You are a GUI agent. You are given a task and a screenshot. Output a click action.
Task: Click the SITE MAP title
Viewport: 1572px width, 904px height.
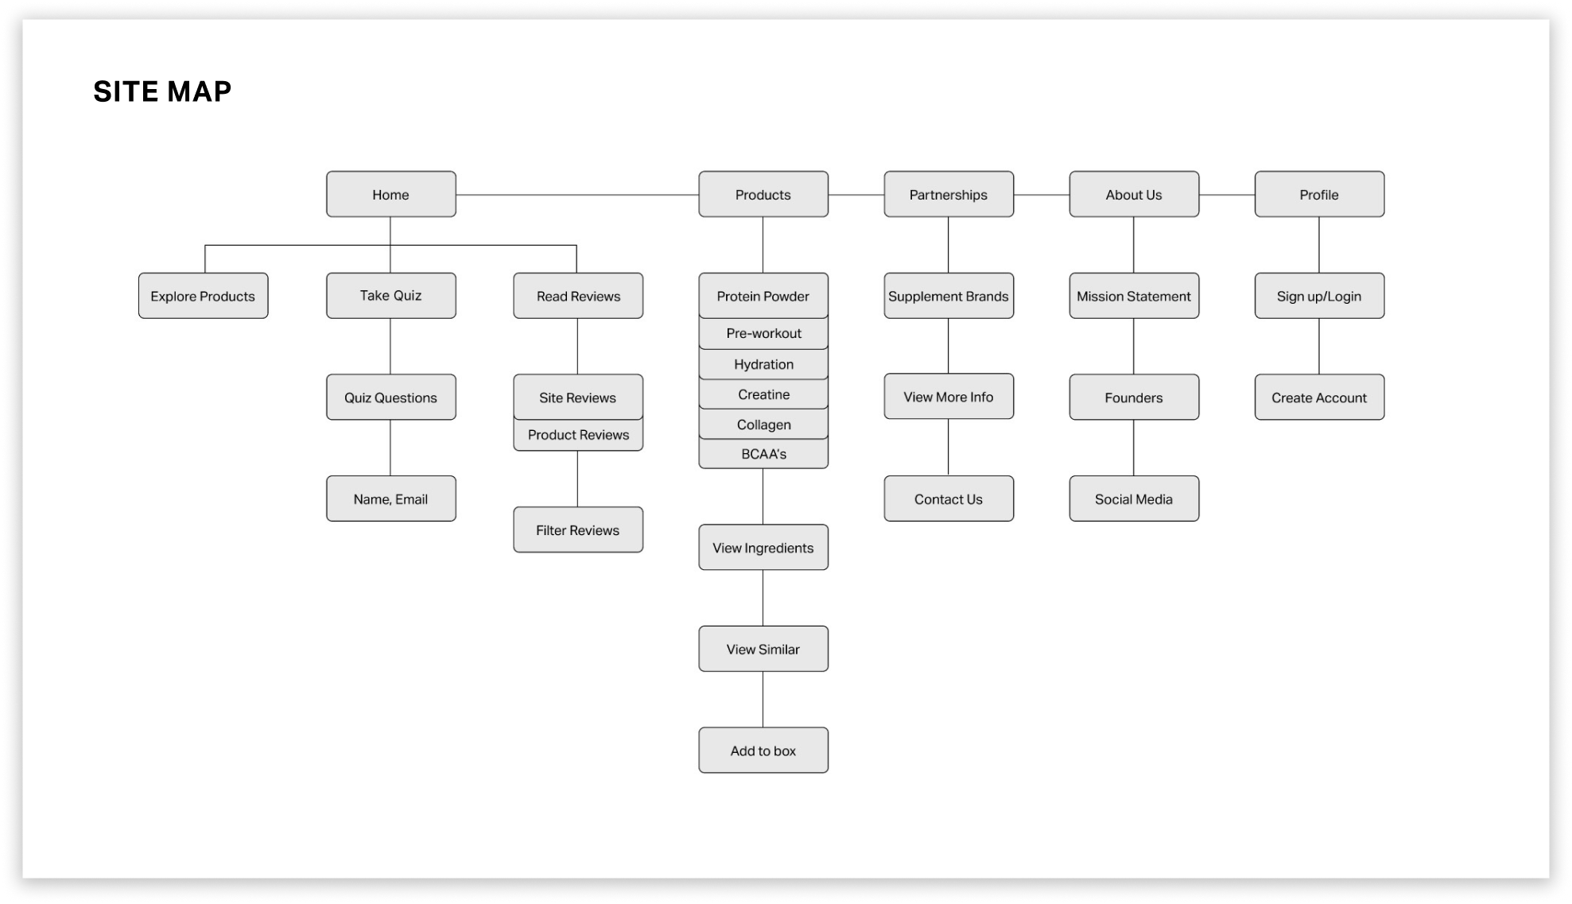click(162, 91)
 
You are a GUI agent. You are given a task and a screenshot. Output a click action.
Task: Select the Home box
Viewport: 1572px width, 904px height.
click(390, 194)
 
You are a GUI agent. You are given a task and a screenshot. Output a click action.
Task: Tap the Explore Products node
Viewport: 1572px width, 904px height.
click(203, 296)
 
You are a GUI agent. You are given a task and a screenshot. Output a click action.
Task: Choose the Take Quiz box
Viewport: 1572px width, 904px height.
click(390, 296)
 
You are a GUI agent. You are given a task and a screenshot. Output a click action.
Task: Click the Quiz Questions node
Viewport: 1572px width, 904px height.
click(390, 398)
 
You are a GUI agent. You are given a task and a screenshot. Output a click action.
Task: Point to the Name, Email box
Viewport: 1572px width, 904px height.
click(390, 499)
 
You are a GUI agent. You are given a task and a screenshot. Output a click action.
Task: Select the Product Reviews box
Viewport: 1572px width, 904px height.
click(578, 435)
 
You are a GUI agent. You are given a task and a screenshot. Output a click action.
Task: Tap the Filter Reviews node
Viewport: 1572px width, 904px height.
click(578, 530)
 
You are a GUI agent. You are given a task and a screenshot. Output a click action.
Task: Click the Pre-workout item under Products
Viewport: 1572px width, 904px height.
click(763, 333)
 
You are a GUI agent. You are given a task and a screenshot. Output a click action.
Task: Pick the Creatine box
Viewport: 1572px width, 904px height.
click(763, 394)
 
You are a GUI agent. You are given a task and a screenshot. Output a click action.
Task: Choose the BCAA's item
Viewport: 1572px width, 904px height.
click(763, 454)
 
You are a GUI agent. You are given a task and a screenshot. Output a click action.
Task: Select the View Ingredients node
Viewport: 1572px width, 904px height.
click(763, 547)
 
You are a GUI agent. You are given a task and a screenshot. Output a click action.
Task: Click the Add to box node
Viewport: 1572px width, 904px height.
click(763, 750)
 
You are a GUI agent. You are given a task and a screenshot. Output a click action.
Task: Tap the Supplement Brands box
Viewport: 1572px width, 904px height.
click(949, 296)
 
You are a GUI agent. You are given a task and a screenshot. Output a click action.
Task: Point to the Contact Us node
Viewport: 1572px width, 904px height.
click(949, 499)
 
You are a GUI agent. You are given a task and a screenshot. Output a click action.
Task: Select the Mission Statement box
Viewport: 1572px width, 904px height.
click(1134, 296)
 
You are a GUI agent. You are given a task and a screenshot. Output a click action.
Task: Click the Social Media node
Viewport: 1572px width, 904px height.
click(1134, 499)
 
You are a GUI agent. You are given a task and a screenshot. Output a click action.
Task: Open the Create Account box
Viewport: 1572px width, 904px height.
click(1319, 398)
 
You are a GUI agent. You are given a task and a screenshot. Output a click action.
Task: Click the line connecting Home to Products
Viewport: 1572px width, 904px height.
click(577, 194)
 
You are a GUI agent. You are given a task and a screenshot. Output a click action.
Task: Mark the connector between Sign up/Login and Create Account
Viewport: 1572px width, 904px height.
click(1319, 347)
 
